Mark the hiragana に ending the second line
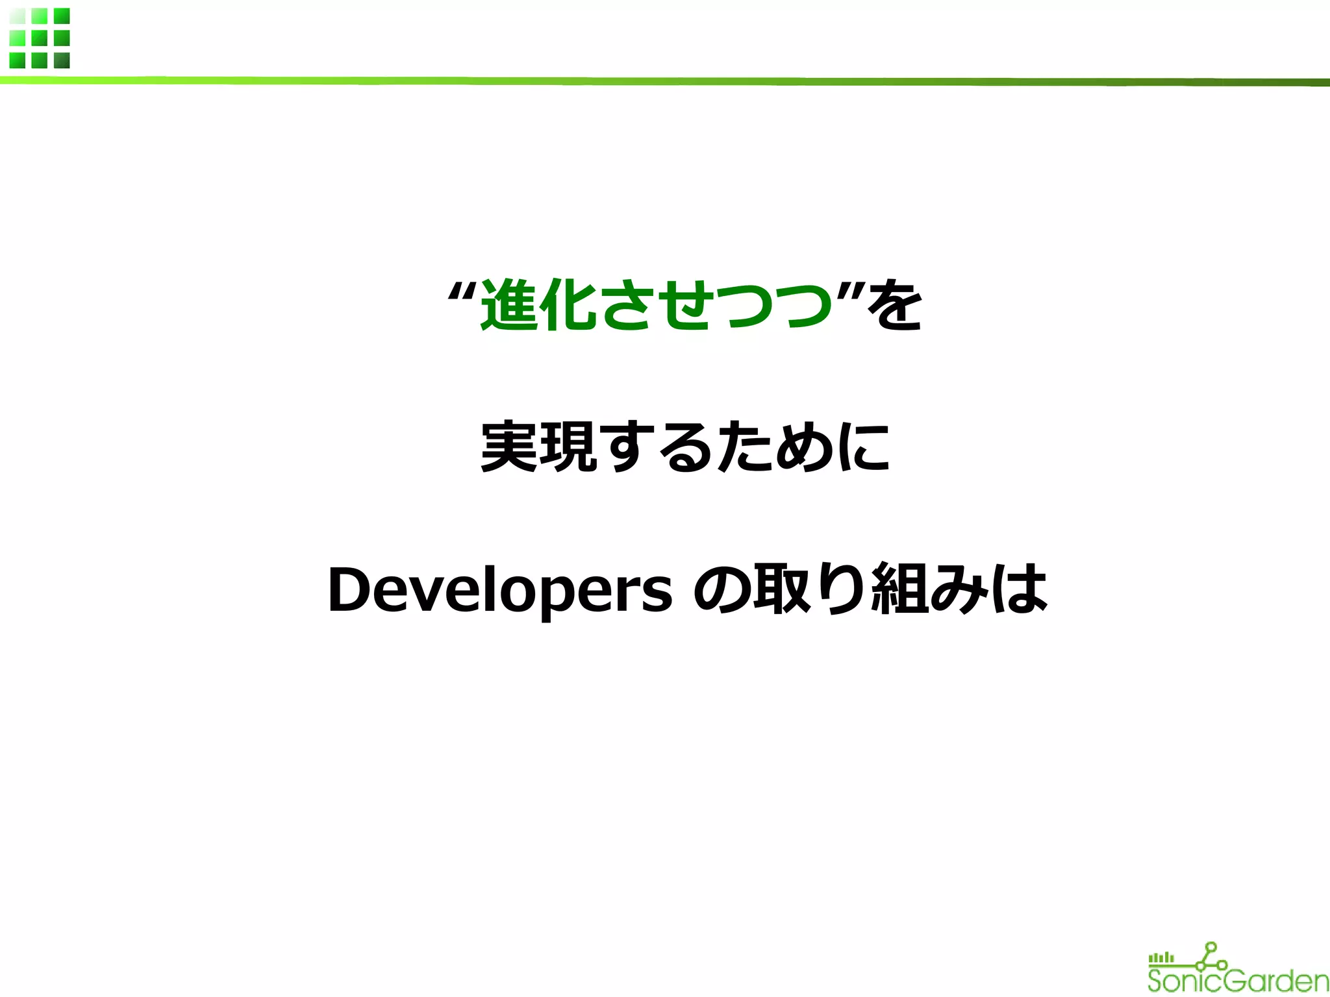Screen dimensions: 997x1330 pyautogui.click(x=862, y=447)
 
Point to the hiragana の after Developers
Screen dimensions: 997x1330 pyautogui.click(x=722, y=589)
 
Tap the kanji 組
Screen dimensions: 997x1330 pyautogui.click(x=899, y=589)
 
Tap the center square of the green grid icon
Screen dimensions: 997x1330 pyautogui.click(x=40, y=38)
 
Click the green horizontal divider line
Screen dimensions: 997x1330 pyautogui.click(x=665, y=81)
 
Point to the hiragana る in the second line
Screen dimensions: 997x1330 pyautogui.click(x=686, y=447)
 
